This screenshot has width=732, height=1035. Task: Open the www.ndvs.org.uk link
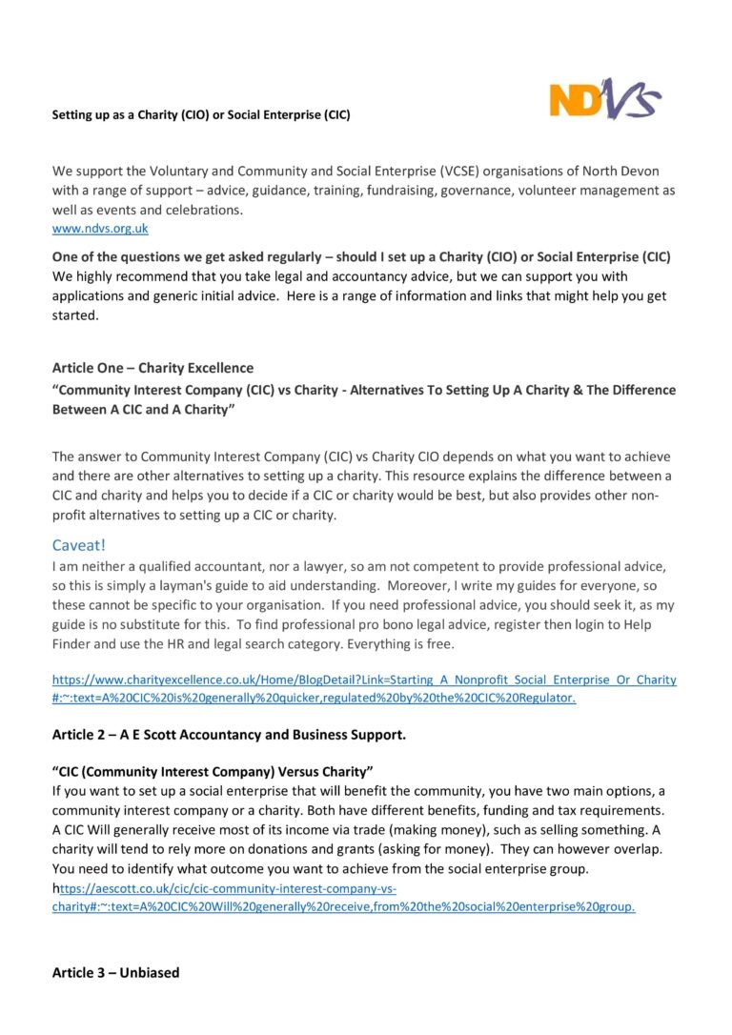tap(100, 229)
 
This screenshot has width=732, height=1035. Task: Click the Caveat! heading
tap(86, 545)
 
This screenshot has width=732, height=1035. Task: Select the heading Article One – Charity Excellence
tap(152, 368)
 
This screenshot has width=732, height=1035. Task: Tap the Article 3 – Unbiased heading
tap(115, 973)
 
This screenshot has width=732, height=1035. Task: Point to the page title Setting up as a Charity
tap(200, 115)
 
